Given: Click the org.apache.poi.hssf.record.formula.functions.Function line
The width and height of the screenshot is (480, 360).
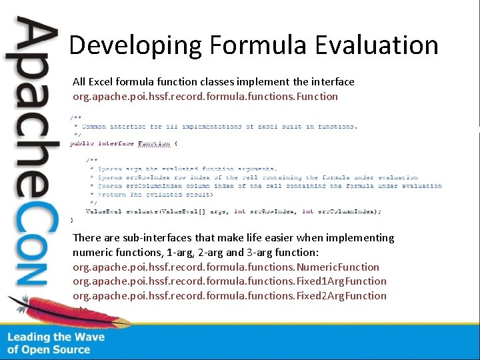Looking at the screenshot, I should point(205,97).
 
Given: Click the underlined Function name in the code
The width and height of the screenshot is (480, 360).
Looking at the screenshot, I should point(153,143).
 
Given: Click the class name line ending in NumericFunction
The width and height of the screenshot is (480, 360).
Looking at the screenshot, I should point(226,267).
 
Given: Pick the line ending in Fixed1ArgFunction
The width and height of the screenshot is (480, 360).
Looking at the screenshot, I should point(229,281).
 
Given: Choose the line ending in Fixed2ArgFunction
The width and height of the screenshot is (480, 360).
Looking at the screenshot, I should point(229,296).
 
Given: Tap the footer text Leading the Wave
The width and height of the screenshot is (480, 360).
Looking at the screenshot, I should point(56,337).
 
